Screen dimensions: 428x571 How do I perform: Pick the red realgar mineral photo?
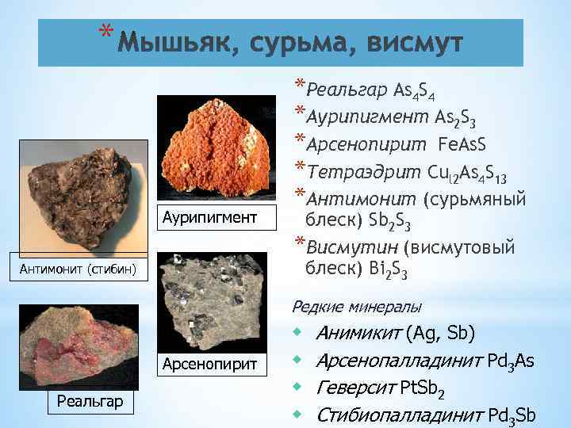coord(76,349)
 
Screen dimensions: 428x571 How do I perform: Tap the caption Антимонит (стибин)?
coord(79,270)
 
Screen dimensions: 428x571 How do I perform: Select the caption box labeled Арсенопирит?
coord(210,364)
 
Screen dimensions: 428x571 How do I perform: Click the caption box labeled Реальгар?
coord(90,401)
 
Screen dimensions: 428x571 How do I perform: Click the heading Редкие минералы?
coord(357,306)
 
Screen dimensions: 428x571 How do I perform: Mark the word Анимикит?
coord(358,333)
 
